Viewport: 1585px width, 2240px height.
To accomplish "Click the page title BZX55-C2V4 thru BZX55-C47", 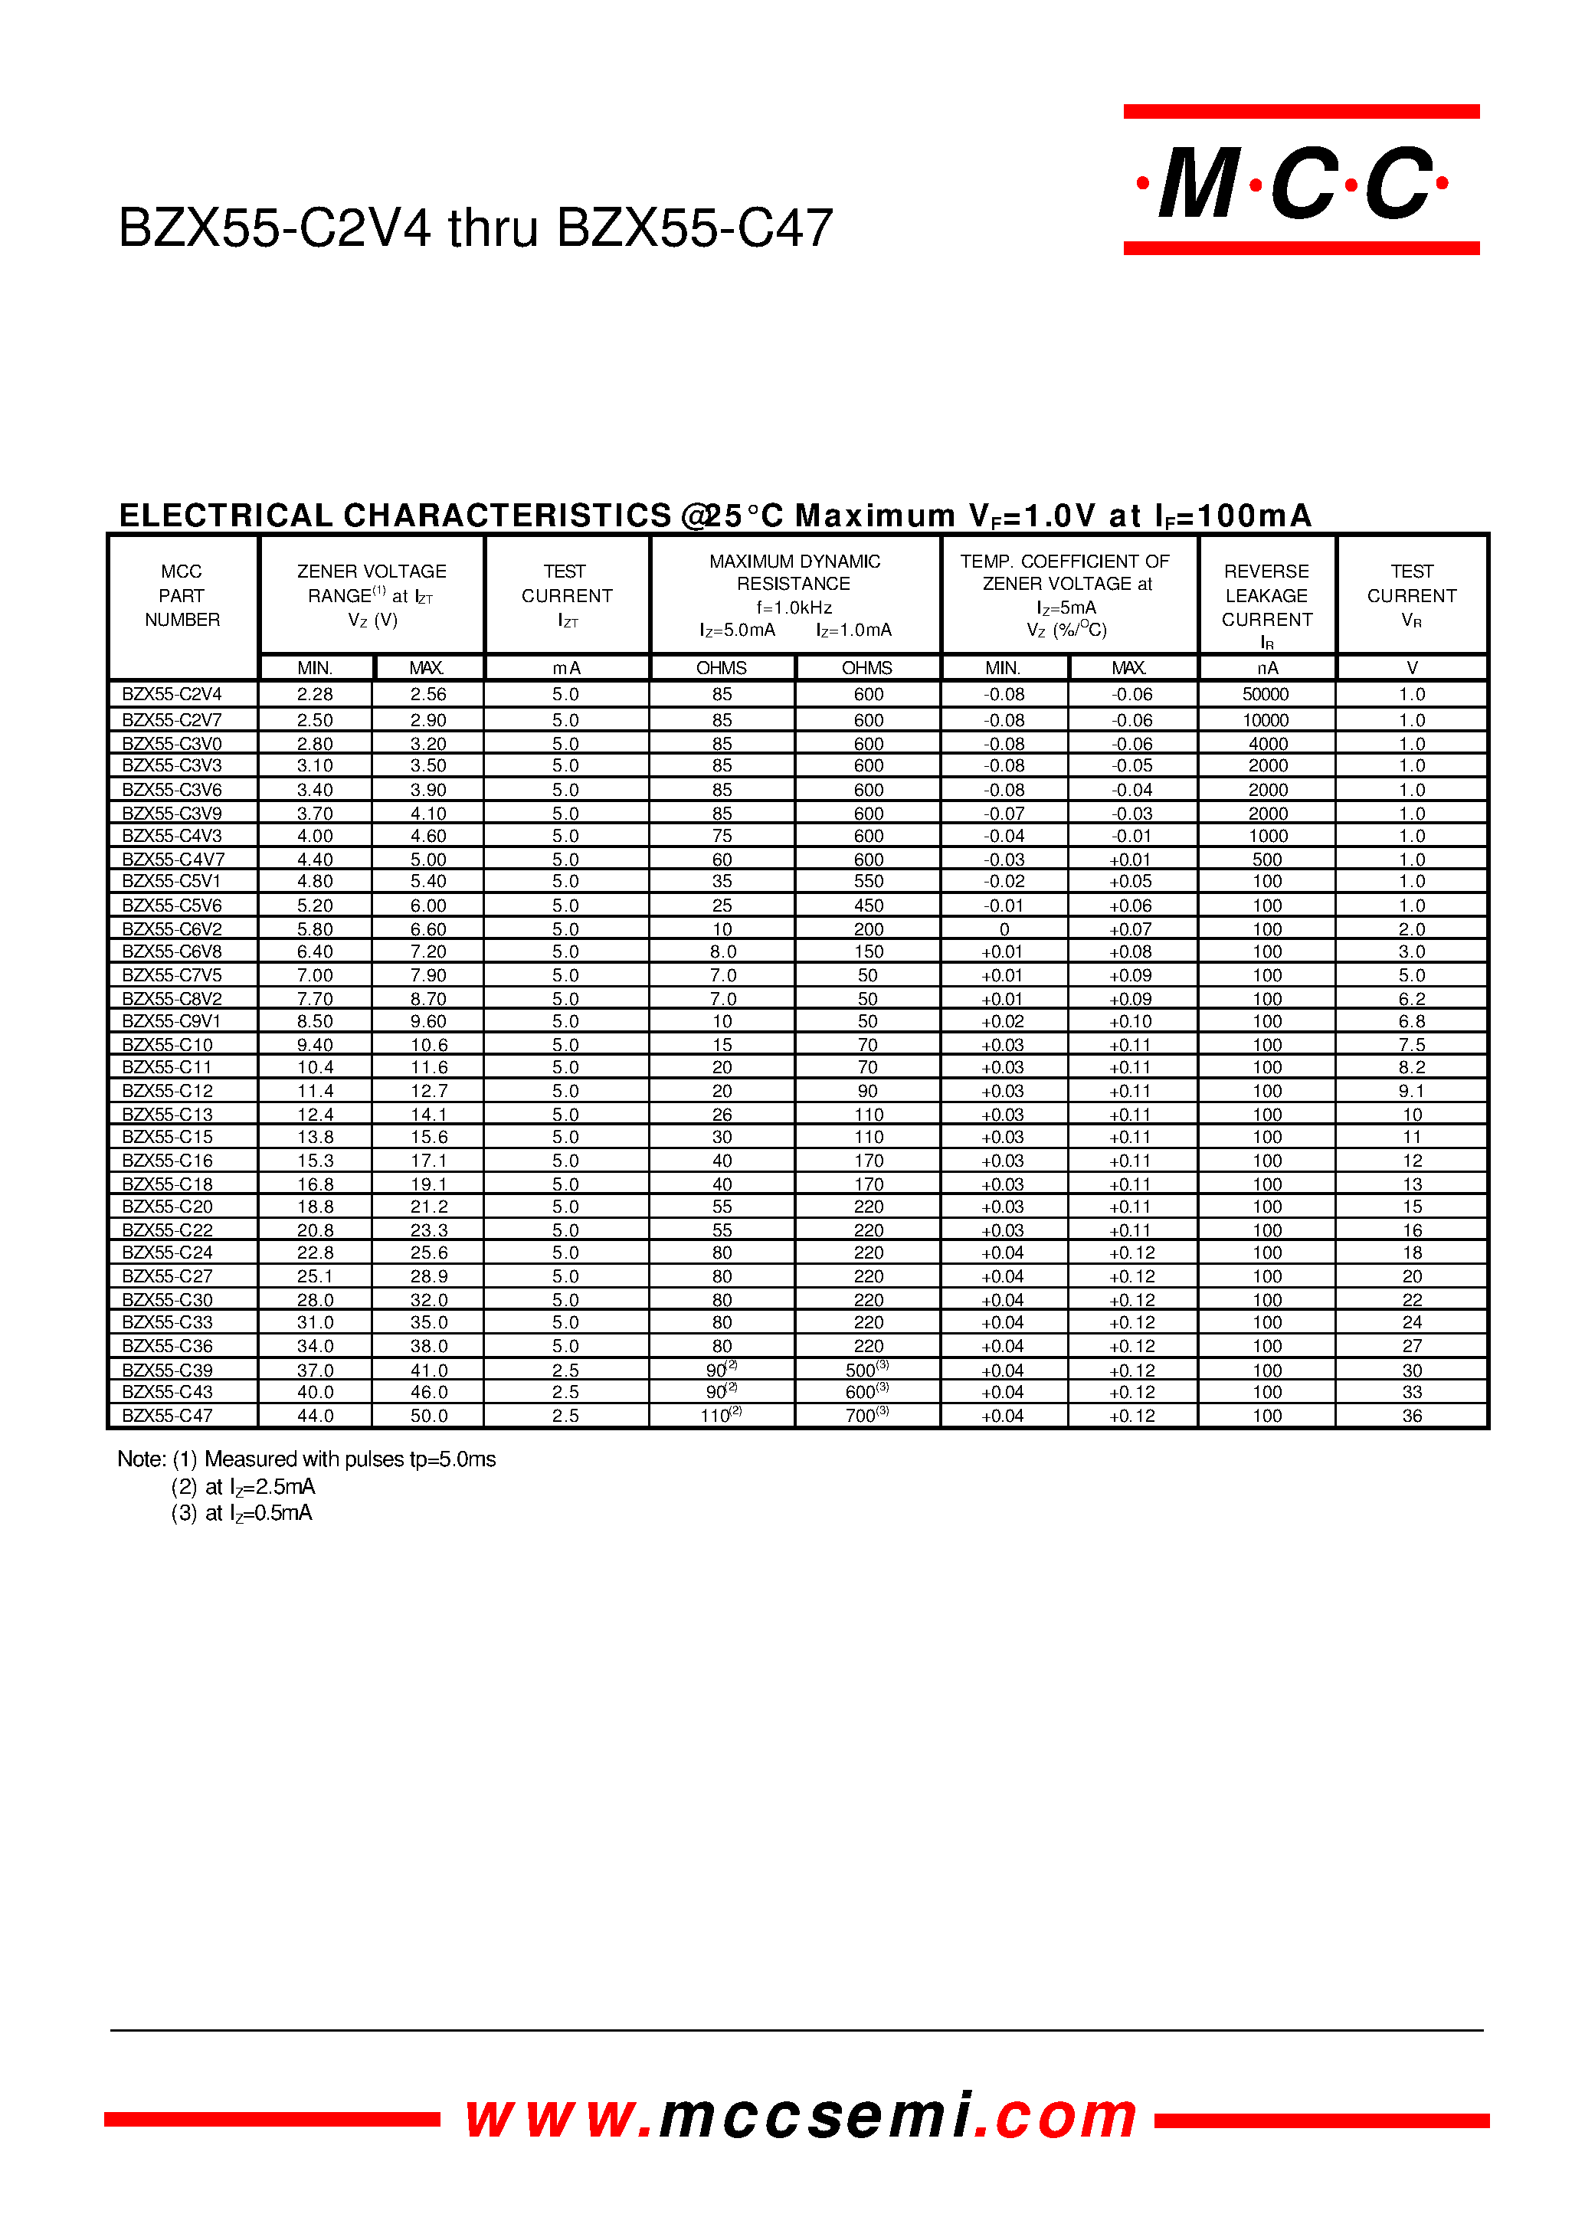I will [x=475, y=228].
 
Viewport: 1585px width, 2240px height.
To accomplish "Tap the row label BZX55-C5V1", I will [x=172, y=881].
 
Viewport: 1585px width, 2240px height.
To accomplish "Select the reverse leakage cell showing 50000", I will [x=1266, y=695].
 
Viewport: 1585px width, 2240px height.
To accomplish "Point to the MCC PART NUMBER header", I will [x=182, y=595].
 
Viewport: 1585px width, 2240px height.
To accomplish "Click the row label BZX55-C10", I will [x=167, y=1044].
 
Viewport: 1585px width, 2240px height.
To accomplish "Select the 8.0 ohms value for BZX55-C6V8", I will [x=722, y=951].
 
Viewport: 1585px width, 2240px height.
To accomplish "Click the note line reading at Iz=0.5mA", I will [x=242, y=1513].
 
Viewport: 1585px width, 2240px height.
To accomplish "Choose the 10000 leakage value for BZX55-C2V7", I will [x=1266, y=720].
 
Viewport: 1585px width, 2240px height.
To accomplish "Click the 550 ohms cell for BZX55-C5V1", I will [x=868, y=881].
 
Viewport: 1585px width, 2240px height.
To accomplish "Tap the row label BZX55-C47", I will [x=167, y=1415].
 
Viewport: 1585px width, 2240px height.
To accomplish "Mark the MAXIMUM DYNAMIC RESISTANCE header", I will [x=794, y=573].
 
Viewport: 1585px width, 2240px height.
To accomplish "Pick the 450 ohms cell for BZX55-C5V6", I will [x=868, y=905].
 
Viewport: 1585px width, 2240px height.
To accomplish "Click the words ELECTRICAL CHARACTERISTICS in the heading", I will [x=395, y=516].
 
